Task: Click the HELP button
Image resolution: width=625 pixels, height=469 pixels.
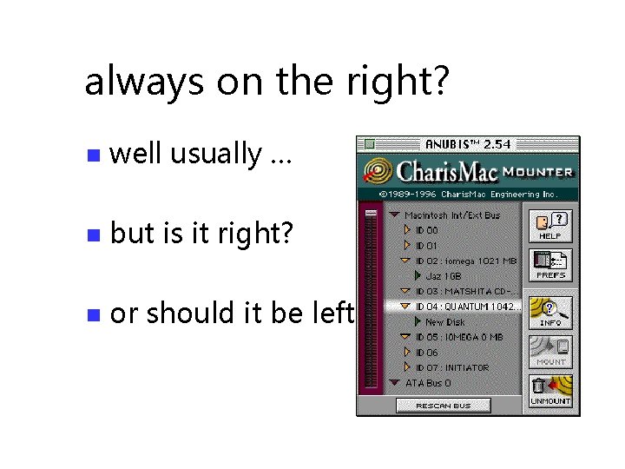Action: [x=550, y=225]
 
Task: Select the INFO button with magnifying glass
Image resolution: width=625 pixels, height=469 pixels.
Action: [x=550, y=311]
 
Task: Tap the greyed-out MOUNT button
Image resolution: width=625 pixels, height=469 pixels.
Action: [x=550, y=352]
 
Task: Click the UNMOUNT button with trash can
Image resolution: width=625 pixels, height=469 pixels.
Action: [x=550, y=391]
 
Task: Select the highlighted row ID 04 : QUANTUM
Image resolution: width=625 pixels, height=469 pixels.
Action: [x=460, y=306]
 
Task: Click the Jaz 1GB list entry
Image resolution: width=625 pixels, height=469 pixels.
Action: [x=444, y=275]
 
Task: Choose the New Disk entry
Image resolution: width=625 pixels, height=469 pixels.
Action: [x=445, y=321]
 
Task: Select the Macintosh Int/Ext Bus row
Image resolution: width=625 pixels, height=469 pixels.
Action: [x=451, y=215]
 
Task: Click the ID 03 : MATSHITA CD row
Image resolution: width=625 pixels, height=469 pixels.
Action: [x=460, y=291]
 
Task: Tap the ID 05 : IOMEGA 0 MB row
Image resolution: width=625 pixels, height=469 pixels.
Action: [x=453, y=337]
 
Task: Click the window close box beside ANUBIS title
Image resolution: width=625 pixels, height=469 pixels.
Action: [x=369, y=144]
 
